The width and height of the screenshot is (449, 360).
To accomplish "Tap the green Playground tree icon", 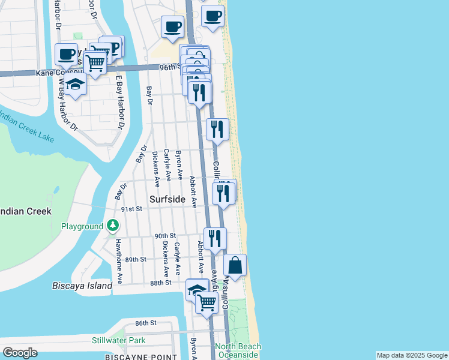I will click(113, 226).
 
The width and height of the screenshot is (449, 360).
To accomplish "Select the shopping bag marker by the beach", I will click(235, 265).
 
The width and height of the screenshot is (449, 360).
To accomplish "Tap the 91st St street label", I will click(130, 209).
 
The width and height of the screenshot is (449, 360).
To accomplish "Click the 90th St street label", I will click(164, 236).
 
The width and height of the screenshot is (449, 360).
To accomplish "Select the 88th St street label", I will click(161, 283).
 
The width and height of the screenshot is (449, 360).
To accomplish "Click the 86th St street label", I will click(145, 323).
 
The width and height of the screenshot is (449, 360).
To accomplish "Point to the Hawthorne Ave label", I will click(119, 261).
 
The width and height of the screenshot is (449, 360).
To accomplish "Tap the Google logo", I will click(20, 352).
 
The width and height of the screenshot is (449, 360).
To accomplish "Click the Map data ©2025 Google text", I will click(411, 355).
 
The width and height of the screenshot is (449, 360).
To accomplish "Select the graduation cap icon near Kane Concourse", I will click(76, 85).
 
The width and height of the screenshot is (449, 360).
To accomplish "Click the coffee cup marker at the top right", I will click(212, 16).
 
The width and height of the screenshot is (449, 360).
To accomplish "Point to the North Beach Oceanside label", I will click(238, 350).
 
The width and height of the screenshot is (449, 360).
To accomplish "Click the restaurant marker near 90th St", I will click(214, 238).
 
